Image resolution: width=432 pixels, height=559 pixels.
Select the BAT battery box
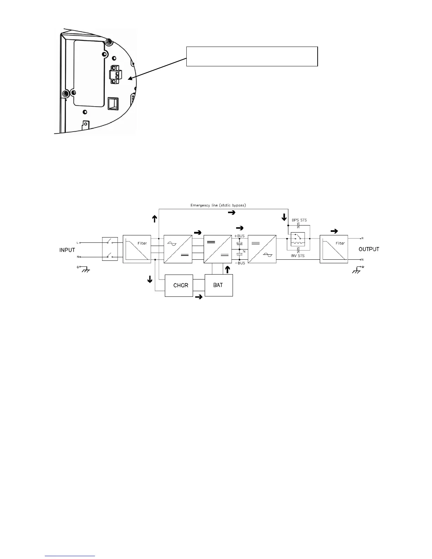coord(218,285)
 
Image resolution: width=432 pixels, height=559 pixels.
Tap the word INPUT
coord(67,250)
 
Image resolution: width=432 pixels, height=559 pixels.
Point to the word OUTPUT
coord(369,249)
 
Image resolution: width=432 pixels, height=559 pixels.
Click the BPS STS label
coord(299,220)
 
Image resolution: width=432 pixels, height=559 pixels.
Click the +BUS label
coord(239,236)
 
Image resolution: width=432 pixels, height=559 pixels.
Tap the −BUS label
coord(240,263)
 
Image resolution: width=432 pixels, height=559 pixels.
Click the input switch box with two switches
coord(110,249)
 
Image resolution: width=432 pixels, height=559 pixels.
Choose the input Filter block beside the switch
coord(137,249)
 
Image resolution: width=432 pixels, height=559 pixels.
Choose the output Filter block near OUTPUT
coord(334,249)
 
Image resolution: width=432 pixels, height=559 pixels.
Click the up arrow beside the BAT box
coord(227,270)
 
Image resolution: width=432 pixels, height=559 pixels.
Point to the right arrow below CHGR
coord(199,297)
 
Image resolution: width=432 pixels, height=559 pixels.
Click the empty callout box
coord(252,56)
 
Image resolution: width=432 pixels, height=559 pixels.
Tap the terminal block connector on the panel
coord(114,74)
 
